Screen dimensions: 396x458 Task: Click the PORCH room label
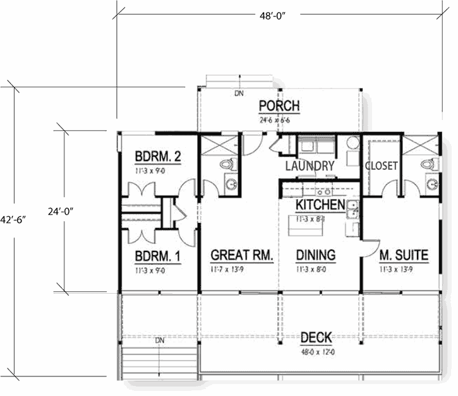pyautogui.click(x=279, y=106)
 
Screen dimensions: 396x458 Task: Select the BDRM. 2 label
pyautogui.click(x=159, y=156)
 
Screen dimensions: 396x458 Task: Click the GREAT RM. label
pyautogui.click(x=241, y=256)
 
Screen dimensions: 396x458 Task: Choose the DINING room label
pyautogui.click(x=315, y=256)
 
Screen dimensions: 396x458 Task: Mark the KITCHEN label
pyautogui.click(x=320, y=205)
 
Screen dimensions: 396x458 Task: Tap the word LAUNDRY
pyautogui.click(x=310, y=166)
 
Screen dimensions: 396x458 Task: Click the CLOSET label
pyautogui.click(x=381, y=166)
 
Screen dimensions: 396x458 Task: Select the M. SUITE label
pyautogui.click(x=404, y=256)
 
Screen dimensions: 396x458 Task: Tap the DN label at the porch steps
pyautogui.click(x=239, y=93)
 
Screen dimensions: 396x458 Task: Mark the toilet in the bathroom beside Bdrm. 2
pyautogui.click(x=227, y=165)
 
